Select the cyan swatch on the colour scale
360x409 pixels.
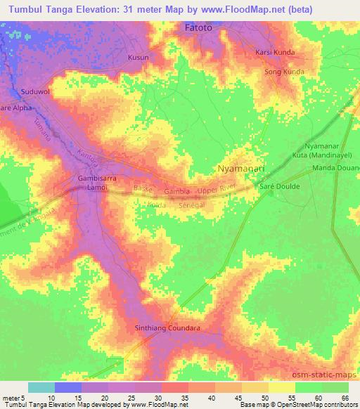[41, 387]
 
